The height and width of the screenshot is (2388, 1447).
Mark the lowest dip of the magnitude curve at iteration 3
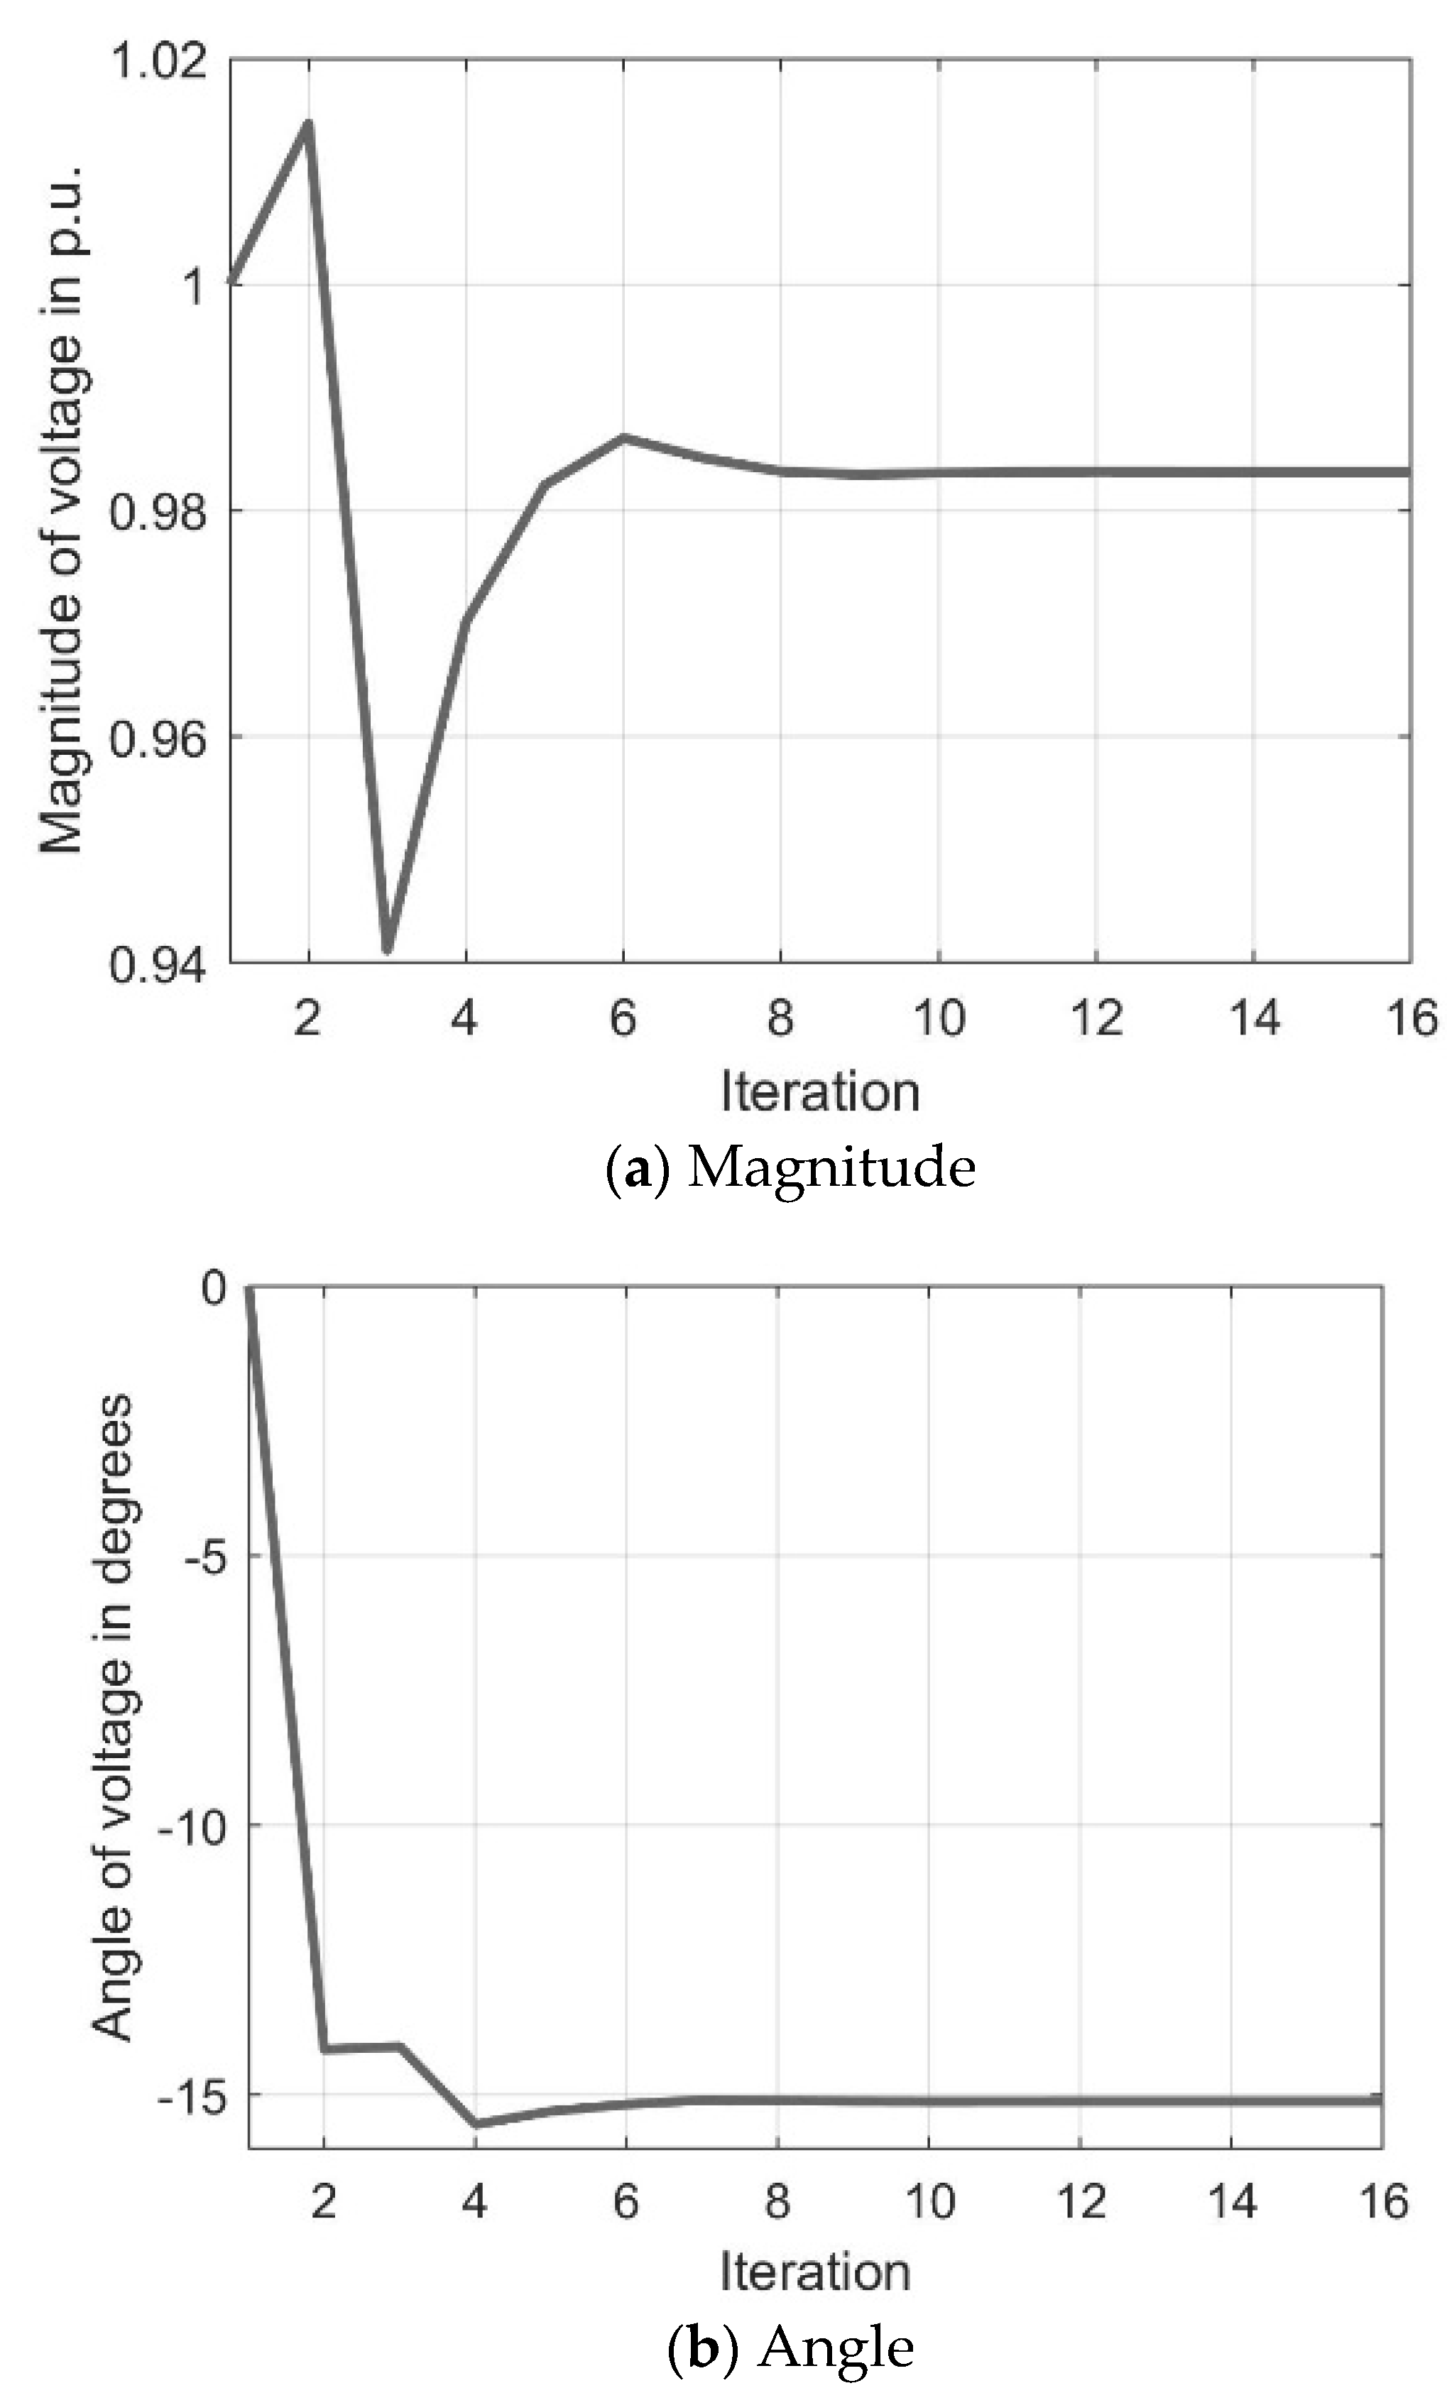tap(387, 949)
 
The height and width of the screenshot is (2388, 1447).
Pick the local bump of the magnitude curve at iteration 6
tap(624, 437)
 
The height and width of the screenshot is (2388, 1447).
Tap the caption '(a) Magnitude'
tap(791, 1167)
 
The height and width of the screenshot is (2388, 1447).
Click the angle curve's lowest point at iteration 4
tap(475, 2123)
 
